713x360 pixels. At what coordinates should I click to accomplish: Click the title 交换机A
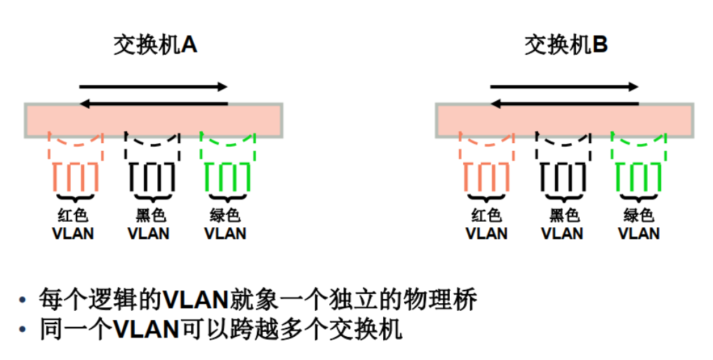(x=155, y=46)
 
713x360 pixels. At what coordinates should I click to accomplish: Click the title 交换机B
(x=566, y=46)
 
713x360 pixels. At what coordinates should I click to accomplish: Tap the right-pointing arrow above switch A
(x=154, y=87)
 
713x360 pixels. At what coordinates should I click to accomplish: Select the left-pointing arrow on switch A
(x=154, y=104)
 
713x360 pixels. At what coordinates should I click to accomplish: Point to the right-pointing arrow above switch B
(x=564, y=87)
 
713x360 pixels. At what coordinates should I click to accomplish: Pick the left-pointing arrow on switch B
(x=564, y=104)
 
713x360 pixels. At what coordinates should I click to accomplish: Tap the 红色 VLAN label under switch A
(x=73, y=224)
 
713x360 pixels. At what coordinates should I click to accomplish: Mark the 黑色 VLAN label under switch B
(x=562, y=224)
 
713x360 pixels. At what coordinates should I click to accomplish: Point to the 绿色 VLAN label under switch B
(x=639, y=224)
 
